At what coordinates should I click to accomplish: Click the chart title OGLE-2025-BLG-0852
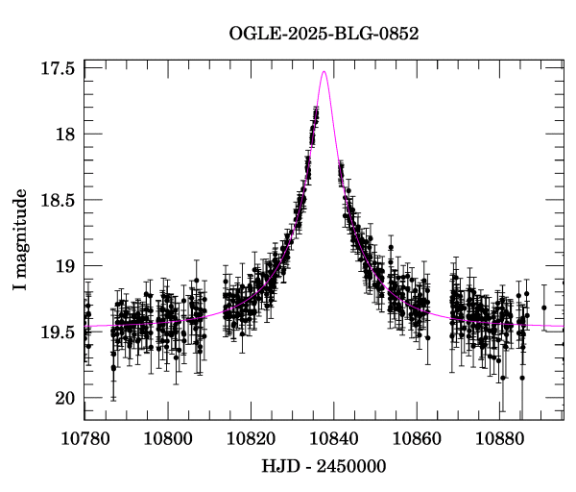click(x=324, y=34)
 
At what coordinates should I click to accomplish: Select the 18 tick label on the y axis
click(x=66, y=134)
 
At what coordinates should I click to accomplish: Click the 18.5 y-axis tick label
click(x=59, y=200)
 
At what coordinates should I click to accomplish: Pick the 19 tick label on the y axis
click(x=66, y=266)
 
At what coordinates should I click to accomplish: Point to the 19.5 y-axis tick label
click(x=59, y=332)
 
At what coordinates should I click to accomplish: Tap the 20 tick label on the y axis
click(x=66, y=398)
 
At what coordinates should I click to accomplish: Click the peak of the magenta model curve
click(x=324, y=71)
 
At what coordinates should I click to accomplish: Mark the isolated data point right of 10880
click(x=543, y=307)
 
